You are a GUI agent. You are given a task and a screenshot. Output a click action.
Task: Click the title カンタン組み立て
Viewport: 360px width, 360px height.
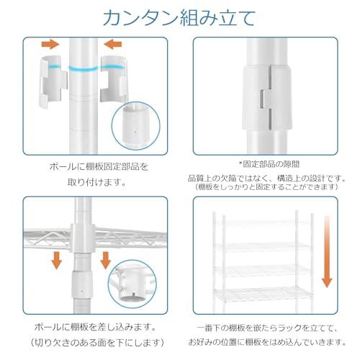pyautogui.click(x=180, y=17)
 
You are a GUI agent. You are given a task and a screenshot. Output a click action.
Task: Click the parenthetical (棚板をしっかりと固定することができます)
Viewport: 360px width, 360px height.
pyautogui.click(x=270, y=187)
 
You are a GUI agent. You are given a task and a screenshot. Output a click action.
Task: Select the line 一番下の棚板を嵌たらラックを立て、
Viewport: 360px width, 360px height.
pyautogui.click(x=270, y=325)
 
